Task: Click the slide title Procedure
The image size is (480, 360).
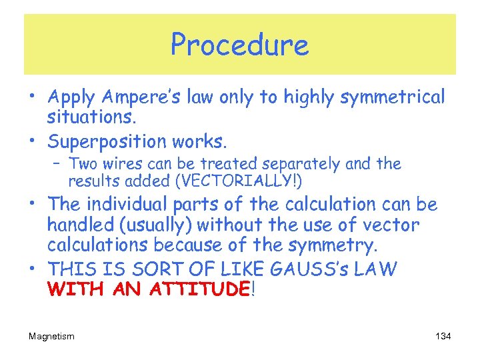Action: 239,45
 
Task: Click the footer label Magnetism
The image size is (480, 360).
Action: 51,337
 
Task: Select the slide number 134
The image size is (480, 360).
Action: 443,337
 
